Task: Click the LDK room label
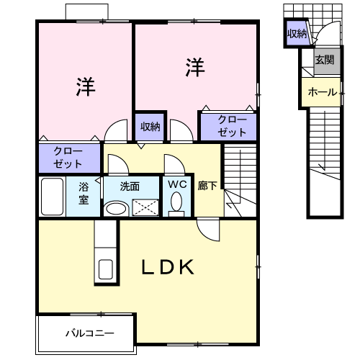click(168, 267)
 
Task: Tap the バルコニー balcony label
click(90, 333)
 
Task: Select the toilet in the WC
click(176, 204)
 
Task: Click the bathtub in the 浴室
click(52, 197)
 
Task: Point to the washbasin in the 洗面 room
click(116, 208)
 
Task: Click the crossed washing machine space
click(145, 207)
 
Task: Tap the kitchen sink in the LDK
click(106, 269)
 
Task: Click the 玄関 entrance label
click(325, 60)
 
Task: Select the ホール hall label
click(323, 92)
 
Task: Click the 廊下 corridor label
click(207, 186)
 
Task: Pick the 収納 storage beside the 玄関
click(297, 34)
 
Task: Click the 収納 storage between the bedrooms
click(150, 127)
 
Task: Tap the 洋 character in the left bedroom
click(86, 86)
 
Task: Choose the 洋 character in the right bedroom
click(195, 67)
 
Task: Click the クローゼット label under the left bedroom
click(68, 158)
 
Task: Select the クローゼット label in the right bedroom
click(232, 126)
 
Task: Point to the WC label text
click(177, 184)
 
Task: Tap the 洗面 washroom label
click(130, 186)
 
